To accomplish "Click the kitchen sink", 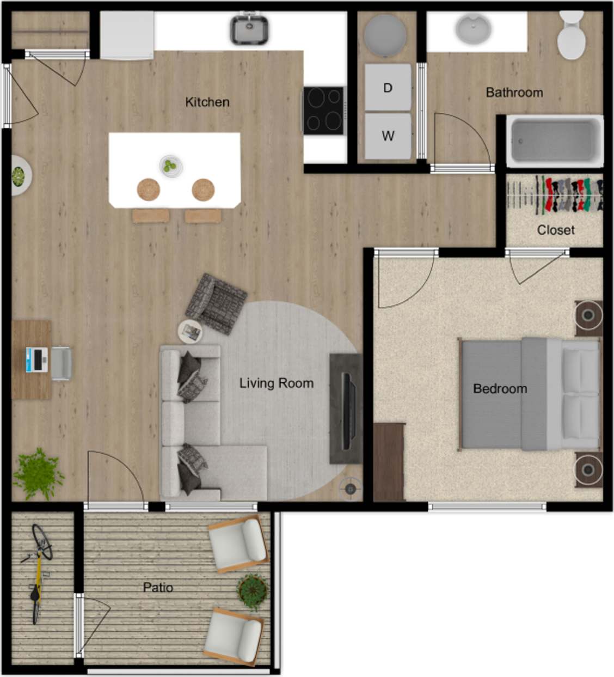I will point(249,29).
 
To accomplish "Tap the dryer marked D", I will point(388,87).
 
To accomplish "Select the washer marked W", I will point(388,136).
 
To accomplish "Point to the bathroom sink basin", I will point(473,29).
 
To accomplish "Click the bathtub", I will point(554,141).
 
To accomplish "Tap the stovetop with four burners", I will point(324,111).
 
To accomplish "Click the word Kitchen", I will point(207,102).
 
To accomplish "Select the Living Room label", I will point(276,383).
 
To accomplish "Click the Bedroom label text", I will point(500,388).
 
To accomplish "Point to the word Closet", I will point(555,230).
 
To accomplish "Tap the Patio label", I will point(158,587).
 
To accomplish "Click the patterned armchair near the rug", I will point(216,304).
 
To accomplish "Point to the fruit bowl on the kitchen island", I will point(171,166).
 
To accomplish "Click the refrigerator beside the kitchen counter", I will point(126,35).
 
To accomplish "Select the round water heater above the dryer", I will point(385,34).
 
